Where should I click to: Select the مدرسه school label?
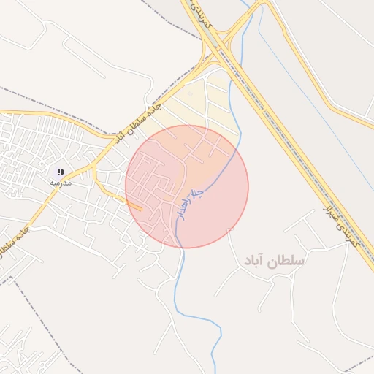pos(60,183)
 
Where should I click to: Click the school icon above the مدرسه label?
pos(60,172)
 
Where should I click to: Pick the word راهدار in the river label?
pos(182,212)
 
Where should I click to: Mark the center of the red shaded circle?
pos(187,186)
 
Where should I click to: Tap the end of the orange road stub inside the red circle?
pos(140,210)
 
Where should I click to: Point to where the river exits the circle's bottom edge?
pos(177,247)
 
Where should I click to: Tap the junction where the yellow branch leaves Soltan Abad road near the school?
pos(95,167)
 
